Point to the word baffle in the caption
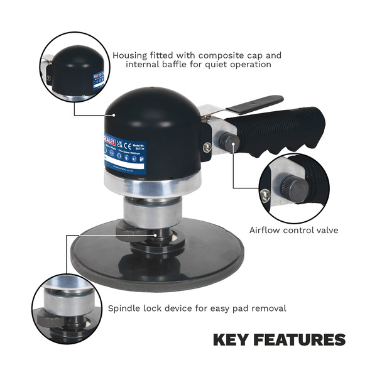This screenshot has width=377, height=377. [x=178, y=65]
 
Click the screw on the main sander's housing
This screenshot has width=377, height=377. [x=207, y=147]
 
